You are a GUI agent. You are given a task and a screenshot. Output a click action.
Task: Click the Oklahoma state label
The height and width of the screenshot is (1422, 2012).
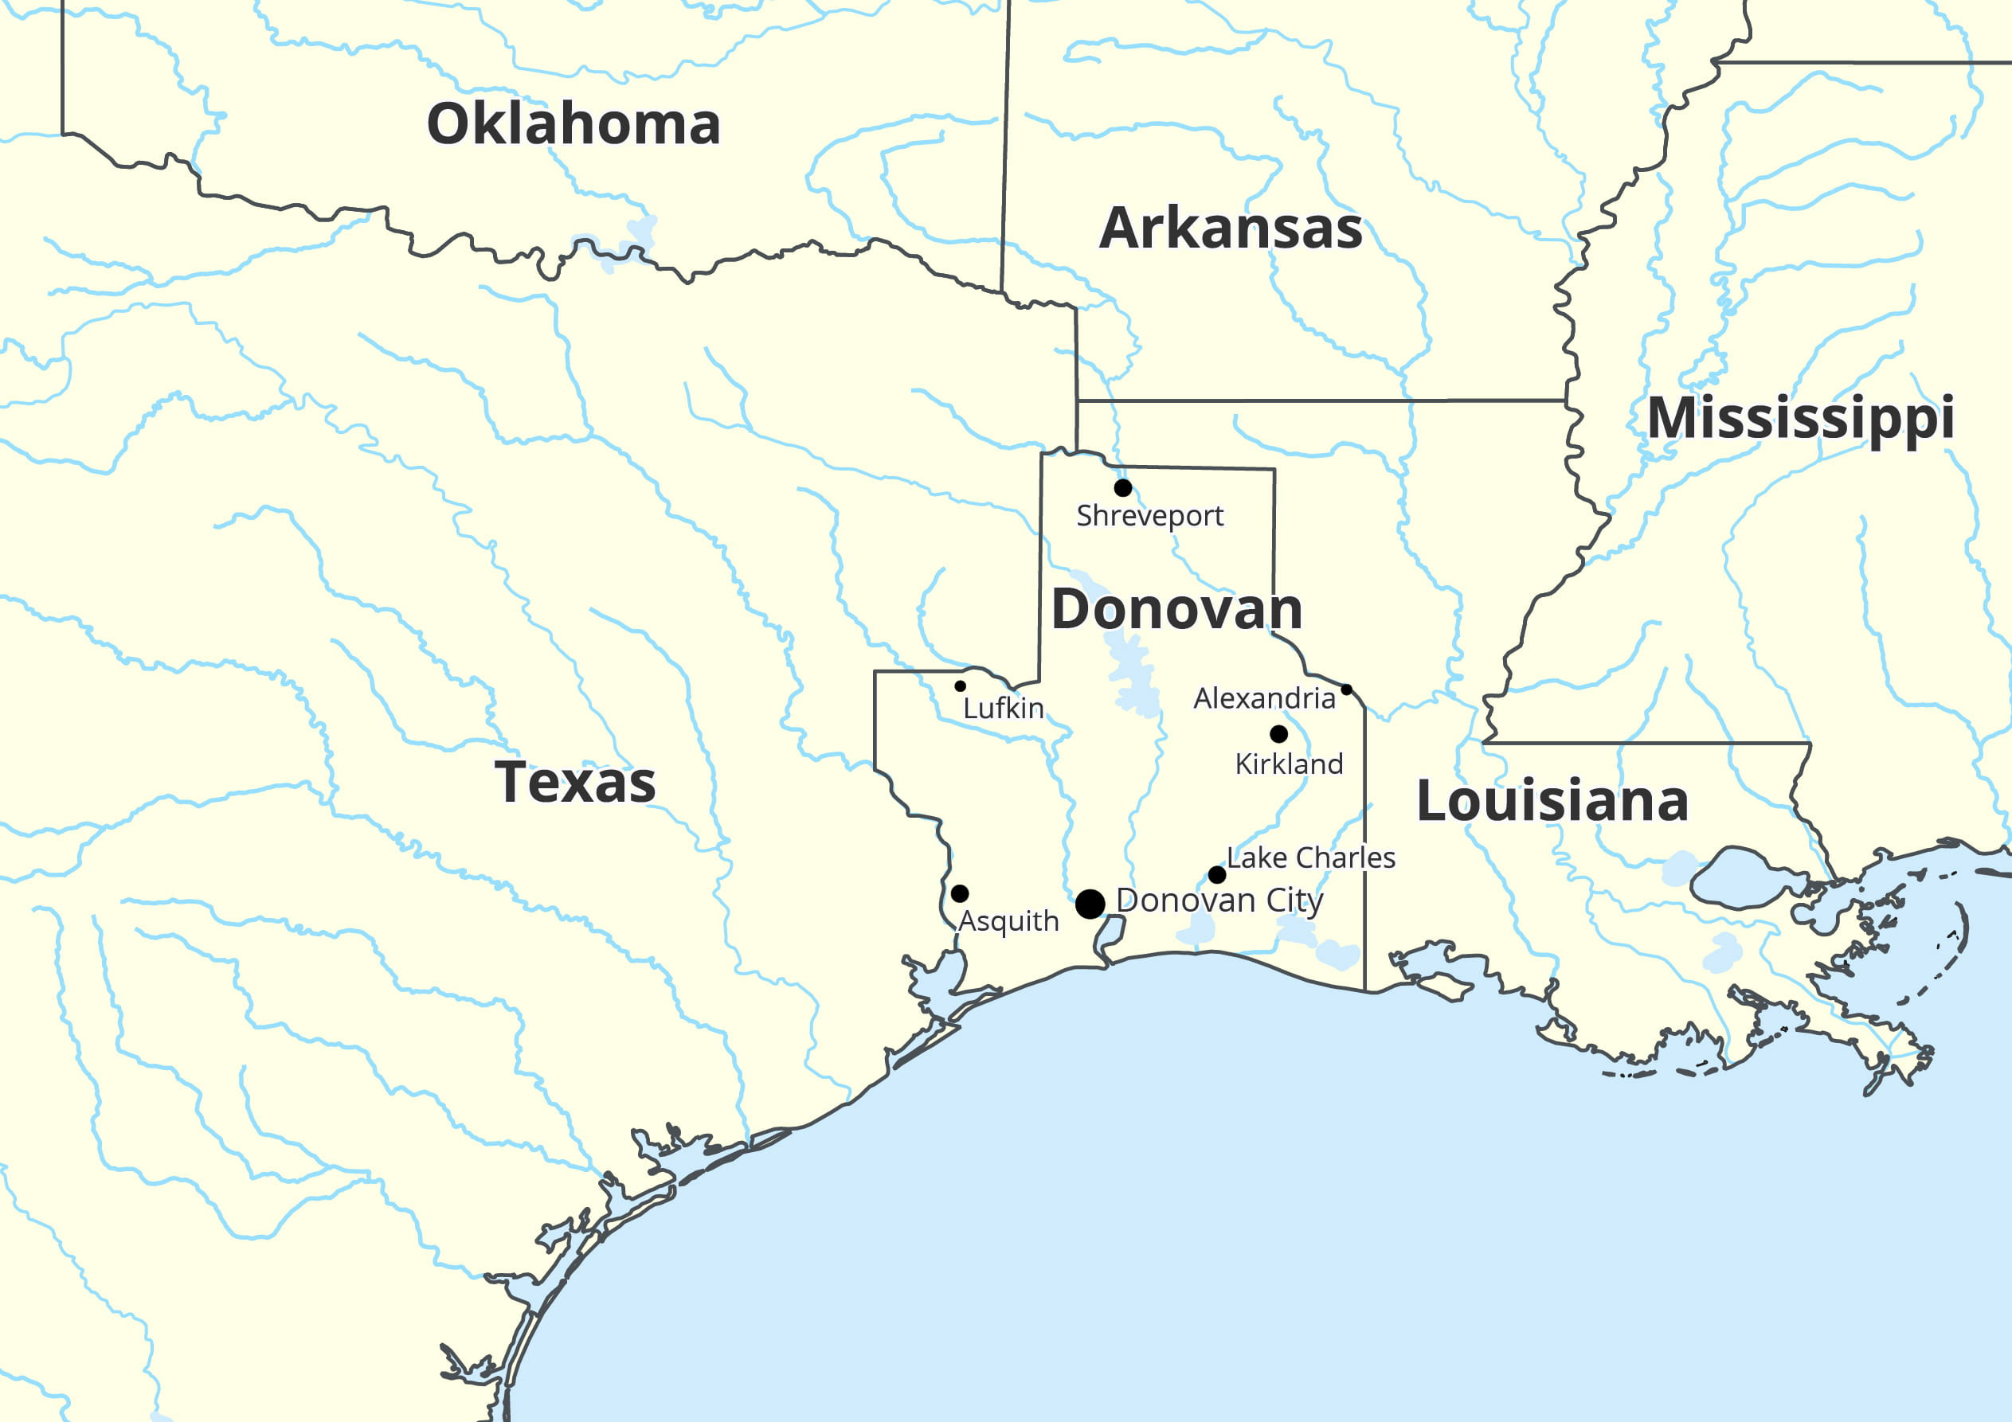[573, 123]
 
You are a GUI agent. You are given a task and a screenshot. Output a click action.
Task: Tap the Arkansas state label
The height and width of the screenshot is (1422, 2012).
[1231, 229]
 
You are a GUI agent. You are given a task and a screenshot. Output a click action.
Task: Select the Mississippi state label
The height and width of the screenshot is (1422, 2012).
[1801, 418]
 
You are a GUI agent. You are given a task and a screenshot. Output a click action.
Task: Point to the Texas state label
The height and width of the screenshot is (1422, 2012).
[575, 783]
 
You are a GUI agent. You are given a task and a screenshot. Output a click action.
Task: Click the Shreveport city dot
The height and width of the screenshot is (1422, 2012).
[1122, 488]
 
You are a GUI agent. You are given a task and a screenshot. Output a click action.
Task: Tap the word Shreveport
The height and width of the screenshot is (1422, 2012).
[1149, 516]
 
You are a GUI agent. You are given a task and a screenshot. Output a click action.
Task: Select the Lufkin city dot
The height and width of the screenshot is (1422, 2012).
[961, 686]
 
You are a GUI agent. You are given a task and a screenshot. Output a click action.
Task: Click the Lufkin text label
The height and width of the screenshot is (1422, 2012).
[1004, 708]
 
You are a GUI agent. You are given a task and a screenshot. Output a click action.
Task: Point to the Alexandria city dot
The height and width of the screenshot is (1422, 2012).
[1347, 690]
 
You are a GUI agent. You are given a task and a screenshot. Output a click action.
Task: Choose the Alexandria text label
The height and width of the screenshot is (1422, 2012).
[1263, 698]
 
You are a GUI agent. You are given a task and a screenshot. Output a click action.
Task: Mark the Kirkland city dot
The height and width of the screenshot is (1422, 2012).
[1278, 734]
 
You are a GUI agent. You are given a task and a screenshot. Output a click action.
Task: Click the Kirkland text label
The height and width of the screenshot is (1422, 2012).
[1289, 764]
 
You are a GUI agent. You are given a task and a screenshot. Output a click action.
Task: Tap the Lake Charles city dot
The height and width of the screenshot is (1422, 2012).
[1217, 874]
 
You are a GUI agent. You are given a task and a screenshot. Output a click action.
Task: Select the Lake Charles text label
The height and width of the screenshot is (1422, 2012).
[1311, 857]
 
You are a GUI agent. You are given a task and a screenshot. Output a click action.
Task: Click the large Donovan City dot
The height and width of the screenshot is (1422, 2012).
[1090, 904]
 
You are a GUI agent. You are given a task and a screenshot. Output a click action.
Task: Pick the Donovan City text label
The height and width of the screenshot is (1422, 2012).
[1219, 900]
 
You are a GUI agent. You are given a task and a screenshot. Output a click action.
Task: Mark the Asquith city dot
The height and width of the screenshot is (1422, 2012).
[960, 893]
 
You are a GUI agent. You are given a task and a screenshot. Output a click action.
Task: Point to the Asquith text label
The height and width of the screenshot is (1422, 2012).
[1008, 921]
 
